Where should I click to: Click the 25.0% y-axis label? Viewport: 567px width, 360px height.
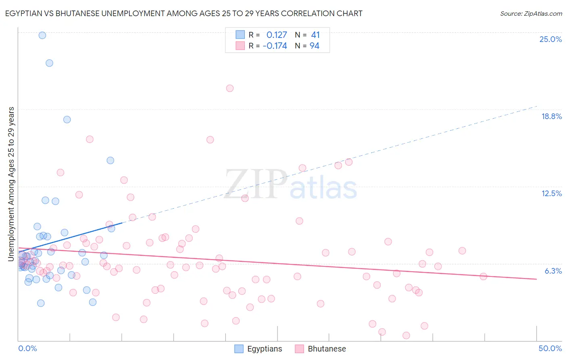click(550, 39)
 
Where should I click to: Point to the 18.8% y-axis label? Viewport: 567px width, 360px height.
click(551, 116)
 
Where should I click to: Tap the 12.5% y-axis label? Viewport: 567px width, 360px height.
click(551, 193)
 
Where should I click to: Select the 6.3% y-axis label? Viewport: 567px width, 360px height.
click(553, 271)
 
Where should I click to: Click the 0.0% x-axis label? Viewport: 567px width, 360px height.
click(27, 348)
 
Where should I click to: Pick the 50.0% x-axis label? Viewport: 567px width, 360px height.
click(550, 348)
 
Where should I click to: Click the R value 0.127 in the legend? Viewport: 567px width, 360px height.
click(277, 35)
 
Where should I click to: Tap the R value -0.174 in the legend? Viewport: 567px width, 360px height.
click(275, 46)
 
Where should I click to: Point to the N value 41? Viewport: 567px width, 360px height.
click(315, 35)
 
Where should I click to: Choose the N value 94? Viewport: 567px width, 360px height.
click(315, 46)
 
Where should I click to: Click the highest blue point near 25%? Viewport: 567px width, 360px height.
click(42, 36)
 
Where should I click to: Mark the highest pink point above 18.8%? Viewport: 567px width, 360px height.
click(230, 88)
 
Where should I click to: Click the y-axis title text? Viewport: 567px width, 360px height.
click(11, 184)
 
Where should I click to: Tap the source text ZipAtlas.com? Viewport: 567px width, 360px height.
click(531, 14)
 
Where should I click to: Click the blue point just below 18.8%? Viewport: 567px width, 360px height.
click(67, 119)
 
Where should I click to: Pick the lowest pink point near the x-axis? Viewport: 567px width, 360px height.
click(406, 335)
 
